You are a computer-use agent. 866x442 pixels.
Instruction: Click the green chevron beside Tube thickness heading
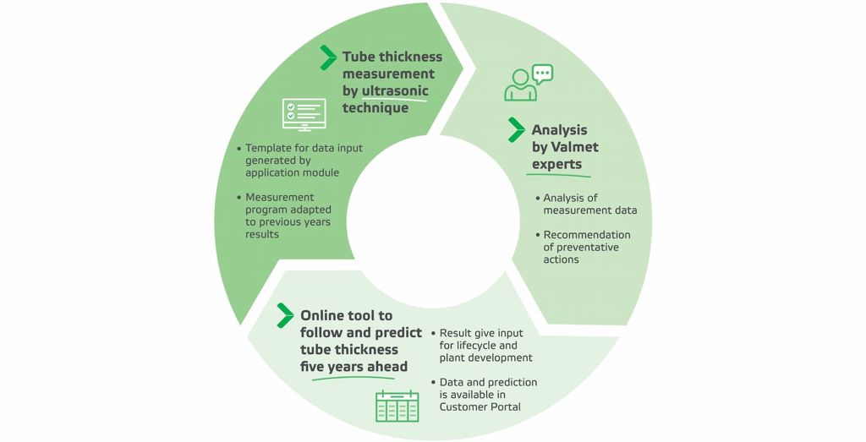[328, 58]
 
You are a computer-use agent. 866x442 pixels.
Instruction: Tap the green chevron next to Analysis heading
[517, 129]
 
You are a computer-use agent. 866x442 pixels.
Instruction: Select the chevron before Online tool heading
[285, 315]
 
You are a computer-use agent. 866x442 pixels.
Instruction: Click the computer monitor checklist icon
[304, 114]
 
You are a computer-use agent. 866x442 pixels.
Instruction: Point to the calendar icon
[397, 407]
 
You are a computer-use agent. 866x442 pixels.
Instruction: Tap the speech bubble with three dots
[542, 74]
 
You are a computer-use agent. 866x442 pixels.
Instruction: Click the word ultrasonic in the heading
[395, 90]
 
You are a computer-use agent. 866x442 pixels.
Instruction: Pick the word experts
[556, 165]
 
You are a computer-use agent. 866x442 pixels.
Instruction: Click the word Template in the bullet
[266, 148]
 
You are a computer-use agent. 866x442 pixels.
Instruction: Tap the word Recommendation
[587, 234]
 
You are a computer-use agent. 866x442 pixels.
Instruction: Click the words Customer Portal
[480, 407]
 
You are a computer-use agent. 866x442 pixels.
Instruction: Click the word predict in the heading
[398, 333]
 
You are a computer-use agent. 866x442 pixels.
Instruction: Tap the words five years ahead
[354, 367]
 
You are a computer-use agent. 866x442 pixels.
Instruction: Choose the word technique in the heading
[375, 107]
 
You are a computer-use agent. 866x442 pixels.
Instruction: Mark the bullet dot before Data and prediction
[434, 382]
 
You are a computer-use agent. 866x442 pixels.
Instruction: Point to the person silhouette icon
[520, 85]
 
